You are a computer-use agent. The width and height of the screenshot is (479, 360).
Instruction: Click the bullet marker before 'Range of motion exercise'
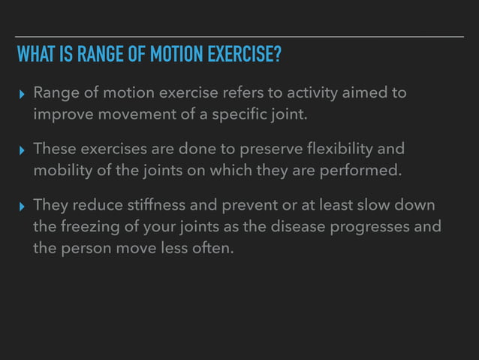(x=22, y=95)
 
